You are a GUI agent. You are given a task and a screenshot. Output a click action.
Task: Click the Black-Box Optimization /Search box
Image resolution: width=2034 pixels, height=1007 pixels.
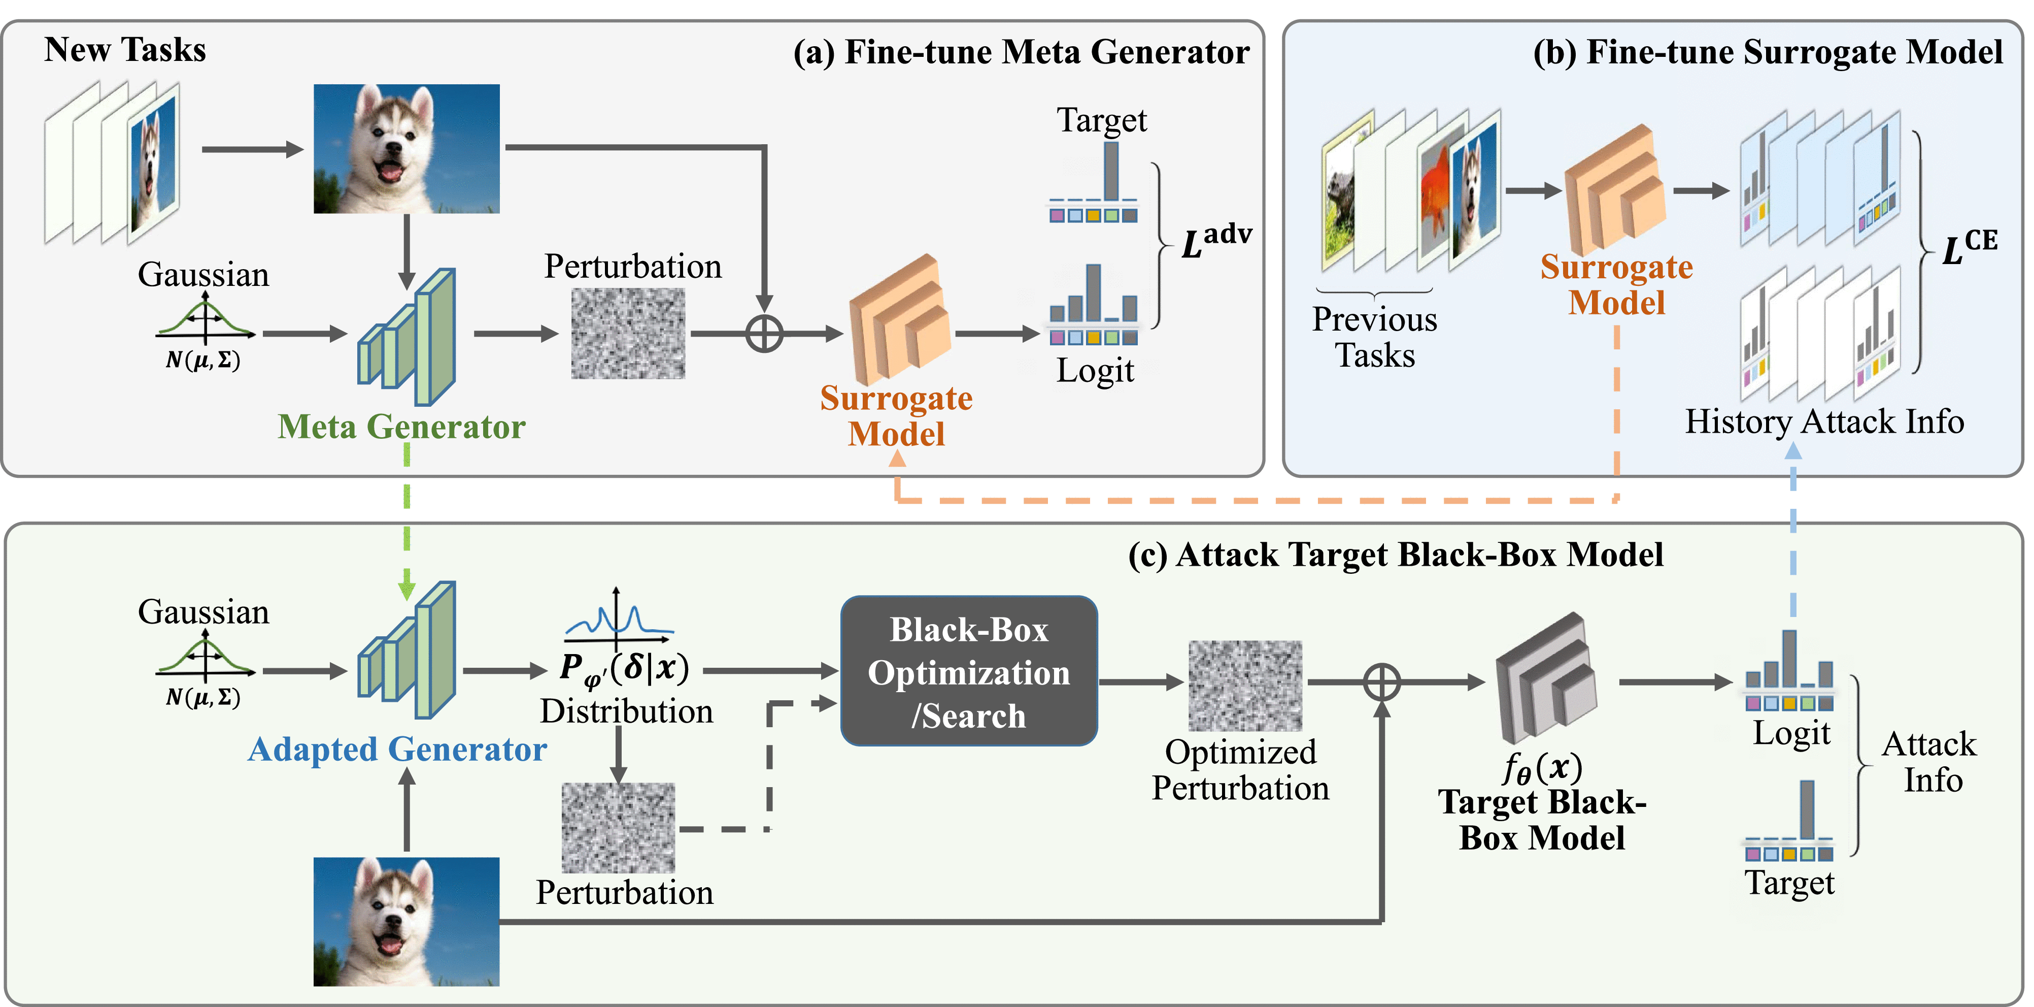coord(969,671)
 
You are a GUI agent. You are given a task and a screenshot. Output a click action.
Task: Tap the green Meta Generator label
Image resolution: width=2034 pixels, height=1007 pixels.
coord(401,427)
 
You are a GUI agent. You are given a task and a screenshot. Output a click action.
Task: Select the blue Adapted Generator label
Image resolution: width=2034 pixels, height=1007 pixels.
coord(397,749)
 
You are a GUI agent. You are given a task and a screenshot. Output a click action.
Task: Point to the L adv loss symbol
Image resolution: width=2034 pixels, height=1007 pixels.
coord(1215,240)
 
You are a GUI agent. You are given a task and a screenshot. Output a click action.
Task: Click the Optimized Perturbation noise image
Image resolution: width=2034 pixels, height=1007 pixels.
coord(1245,685)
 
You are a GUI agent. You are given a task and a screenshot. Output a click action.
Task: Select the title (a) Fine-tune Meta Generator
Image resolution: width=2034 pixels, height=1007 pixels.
coord(1021,52)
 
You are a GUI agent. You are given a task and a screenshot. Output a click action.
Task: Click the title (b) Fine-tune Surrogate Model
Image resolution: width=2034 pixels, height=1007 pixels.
coord(1767,52)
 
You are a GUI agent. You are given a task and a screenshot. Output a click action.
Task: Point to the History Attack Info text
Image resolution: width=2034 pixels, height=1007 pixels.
coord(1824,422)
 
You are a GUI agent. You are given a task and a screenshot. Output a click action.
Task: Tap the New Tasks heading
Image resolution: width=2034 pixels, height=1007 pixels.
coord(125,50)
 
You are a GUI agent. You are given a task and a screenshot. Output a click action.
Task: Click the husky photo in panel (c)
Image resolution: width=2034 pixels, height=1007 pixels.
coord(406,922)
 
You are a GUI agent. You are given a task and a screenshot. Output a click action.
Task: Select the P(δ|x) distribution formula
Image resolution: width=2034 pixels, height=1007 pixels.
coord(624,669)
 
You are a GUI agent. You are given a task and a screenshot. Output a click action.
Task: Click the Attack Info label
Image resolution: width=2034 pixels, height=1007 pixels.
coord(1928,762)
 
